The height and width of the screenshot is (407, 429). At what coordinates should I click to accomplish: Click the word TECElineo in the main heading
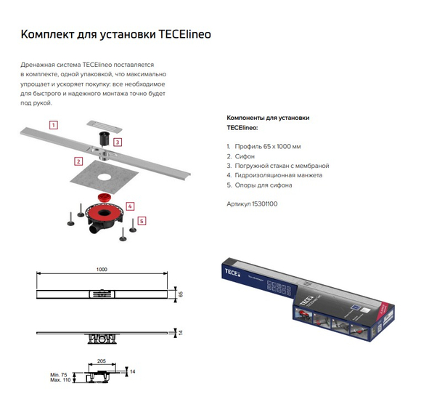(x=184, y=34)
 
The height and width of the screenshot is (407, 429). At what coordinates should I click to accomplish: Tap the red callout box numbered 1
(x=54, y=125)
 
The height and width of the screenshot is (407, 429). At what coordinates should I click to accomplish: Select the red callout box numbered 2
(x=78, y=161)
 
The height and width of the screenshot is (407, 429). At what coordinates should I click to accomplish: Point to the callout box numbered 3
(x=118, y=142)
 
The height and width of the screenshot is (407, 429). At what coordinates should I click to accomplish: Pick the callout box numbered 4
(x=130, y=206)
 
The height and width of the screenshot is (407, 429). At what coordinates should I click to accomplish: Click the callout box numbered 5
(x=142, y=221)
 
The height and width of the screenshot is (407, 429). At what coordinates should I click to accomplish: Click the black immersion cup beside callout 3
(x=105, y=139)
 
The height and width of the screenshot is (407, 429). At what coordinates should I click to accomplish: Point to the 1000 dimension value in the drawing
(x=102, y=270)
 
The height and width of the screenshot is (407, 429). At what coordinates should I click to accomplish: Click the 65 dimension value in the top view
(x=181, y=294)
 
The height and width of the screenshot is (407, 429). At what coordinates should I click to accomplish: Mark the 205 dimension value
(x=102, y=361)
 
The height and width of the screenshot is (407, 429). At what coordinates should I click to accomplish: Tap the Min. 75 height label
(x=59, y=375)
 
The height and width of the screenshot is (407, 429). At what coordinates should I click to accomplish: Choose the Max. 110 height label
(x=60, y=380)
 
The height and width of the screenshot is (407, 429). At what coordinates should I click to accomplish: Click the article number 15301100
(x=264, y=203)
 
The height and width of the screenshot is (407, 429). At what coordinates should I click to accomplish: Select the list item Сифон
(x=245, y=156)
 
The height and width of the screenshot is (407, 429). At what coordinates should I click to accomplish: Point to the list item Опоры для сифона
(x=263, y=185)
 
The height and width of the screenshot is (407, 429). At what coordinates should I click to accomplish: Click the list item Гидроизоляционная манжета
(x=279, y=175)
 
